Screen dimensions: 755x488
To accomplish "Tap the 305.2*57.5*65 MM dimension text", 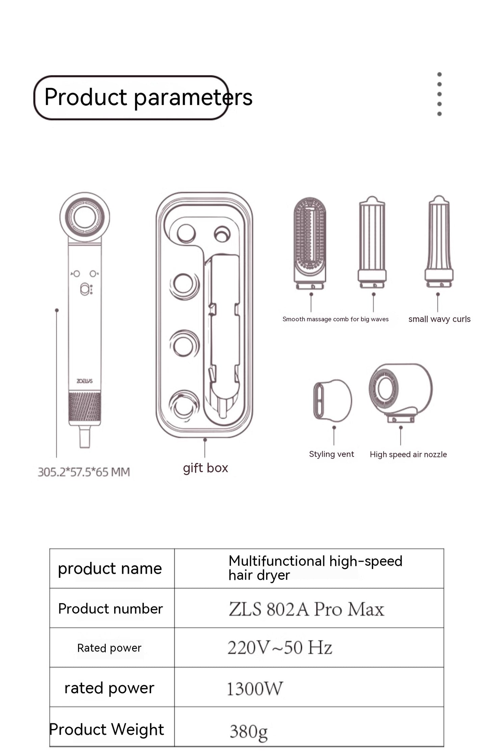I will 84,472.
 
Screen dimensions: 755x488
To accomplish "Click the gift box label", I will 205,468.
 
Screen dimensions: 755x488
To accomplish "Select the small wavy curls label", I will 439,319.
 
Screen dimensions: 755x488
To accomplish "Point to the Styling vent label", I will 331,454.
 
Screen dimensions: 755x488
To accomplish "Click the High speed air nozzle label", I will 408,455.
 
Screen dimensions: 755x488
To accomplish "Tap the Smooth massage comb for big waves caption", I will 335,319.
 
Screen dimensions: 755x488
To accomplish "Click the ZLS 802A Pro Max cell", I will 306,609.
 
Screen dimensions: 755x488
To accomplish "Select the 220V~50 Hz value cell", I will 280,648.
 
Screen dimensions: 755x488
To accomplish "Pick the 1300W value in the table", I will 255,689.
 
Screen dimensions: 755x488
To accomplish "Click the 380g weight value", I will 249,732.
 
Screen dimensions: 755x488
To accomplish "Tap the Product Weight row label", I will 107,729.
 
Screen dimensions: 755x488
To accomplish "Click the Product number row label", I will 110,609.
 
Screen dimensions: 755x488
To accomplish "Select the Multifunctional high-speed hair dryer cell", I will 315,568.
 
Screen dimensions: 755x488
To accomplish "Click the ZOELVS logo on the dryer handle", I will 84,381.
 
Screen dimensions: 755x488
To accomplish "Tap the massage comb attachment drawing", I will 310,243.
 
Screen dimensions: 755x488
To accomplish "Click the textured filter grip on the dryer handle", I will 84,408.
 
